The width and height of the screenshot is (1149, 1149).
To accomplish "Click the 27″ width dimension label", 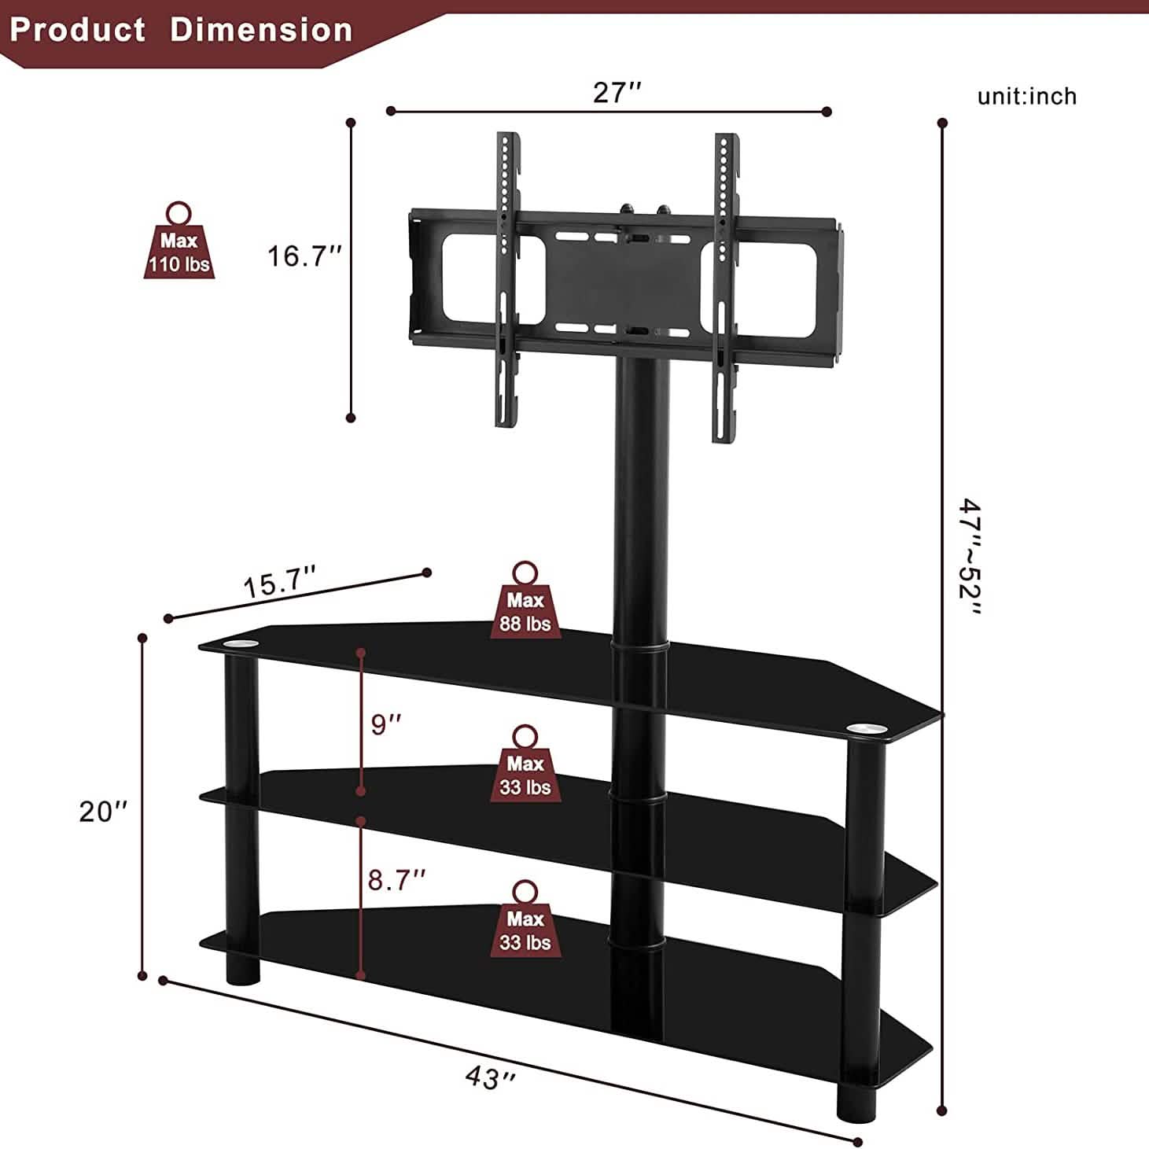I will (617, 93).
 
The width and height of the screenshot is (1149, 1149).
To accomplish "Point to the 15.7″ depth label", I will (280, 584).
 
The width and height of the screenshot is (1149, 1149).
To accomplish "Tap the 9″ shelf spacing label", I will (386, 724).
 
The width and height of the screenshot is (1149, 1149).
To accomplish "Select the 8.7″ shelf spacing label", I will (397, 880).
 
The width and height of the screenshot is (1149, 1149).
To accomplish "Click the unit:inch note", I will (1026, 96).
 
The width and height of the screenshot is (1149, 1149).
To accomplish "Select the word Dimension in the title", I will (261, 30).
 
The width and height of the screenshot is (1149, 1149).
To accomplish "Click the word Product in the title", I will (78, 30).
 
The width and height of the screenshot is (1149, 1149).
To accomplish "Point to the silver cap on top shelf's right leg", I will (865, 731).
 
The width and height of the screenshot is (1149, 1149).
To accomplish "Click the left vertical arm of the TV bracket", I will (508, 279).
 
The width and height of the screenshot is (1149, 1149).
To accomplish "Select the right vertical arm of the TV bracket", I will (725, 287).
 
